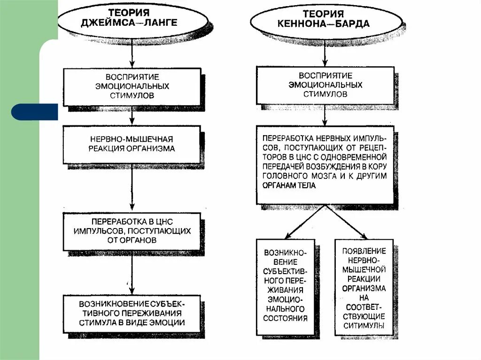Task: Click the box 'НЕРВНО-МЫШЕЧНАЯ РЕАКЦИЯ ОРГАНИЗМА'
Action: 132,144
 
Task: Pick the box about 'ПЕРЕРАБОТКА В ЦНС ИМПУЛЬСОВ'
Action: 132,231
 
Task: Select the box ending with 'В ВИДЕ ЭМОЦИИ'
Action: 132,314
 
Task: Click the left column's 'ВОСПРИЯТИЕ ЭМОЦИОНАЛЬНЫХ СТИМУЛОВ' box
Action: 132,86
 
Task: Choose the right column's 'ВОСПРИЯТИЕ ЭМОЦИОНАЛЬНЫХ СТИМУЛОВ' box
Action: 325,84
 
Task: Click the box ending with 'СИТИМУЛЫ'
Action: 364,287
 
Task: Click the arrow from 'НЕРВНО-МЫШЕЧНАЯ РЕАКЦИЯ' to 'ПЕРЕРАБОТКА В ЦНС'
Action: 132,188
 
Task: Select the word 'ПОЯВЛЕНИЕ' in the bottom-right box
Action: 364,251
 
